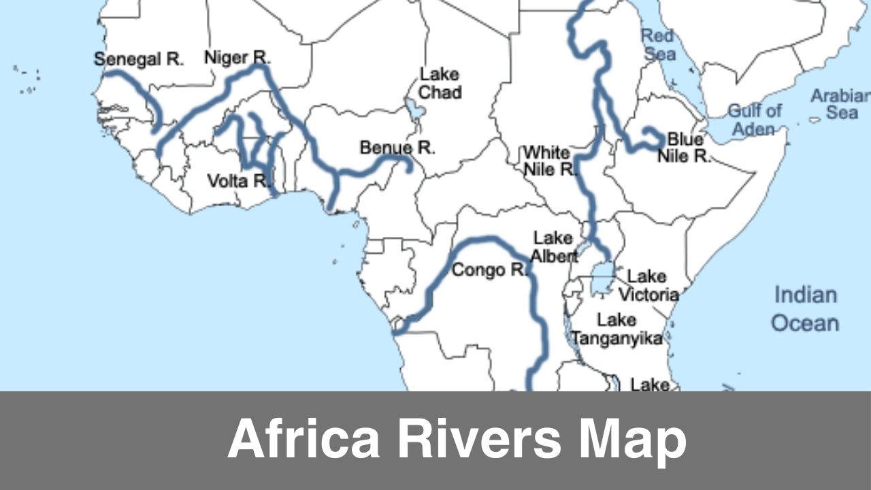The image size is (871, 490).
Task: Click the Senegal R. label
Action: [139, 59]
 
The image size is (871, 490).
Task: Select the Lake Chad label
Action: [440, 83]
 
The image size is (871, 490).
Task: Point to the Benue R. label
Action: [397, 148]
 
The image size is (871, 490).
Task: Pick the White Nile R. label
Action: [550, 161]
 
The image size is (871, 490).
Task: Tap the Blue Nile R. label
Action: [683, 148]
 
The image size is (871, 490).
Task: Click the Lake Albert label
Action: [554, 247]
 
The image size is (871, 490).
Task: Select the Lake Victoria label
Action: [648, 285]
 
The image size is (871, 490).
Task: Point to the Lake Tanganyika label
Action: [617, 329]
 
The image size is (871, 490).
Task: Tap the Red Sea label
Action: [657, 44]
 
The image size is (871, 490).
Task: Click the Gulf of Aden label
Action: [755, 119]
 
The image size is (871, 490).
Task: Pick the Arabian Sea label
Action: [841, 103]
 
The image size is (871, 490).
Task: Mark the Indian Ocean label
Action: [805, 308]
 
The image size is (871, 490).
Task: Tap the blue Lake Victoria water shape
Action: [602, 278]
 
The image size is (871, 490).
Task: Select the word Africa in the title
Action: [303, 439]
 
